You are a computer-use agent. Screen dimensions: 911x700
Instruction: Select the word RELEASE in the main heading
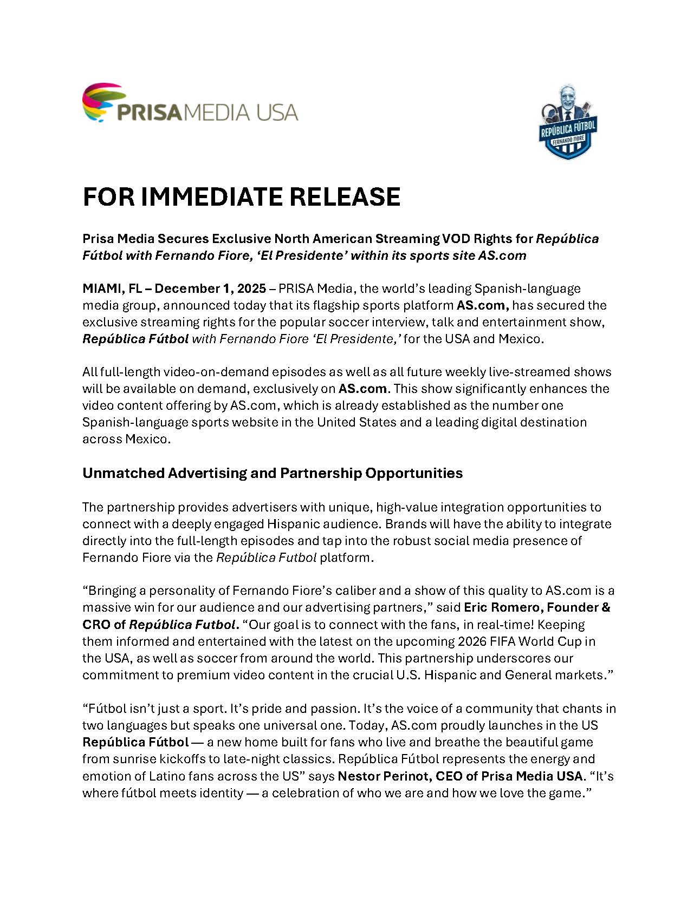(345, 197)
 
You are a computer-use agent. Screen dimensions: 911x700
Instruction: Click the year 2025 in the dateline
(252, 288)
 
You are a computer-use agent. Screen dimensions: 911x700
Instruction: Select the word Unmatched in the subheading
(123, 473)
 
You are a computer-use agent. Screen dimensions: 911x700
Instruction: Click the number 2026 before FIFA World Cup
(476, 641)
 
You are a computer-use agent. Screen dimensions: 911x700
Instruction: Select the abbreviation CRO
(96, 624)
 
